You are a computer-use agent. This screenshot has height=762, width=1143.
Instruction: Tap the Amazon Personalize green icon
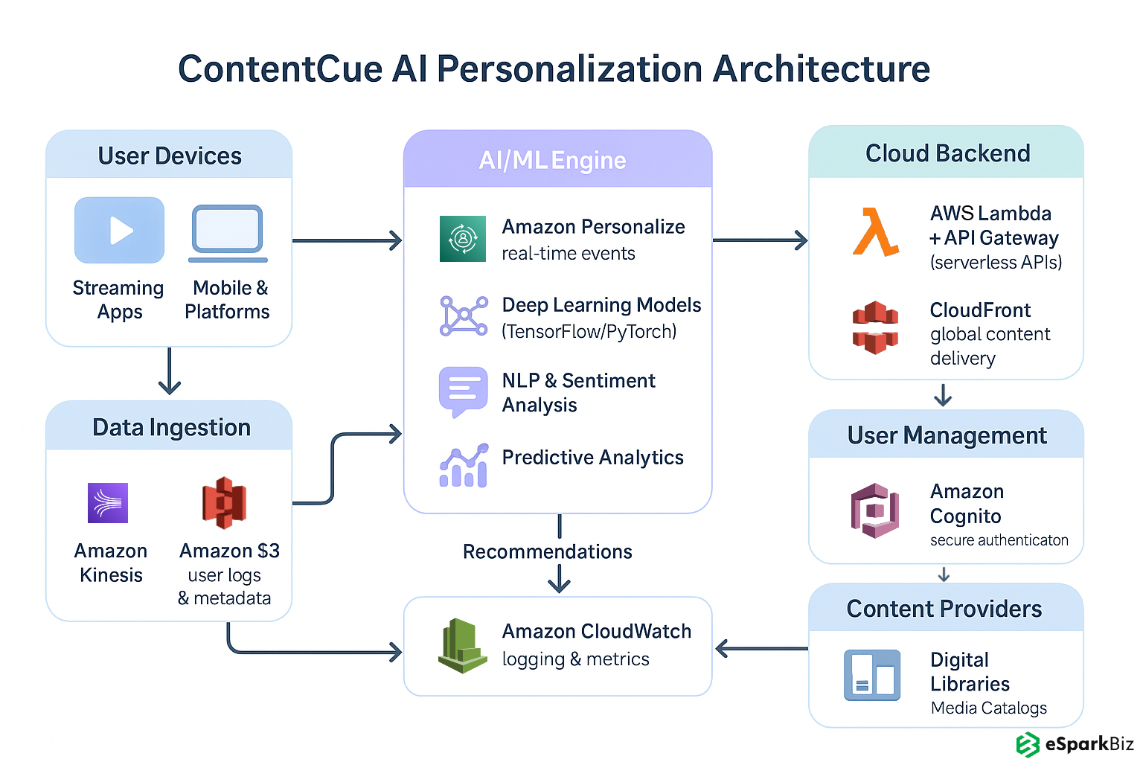click(x=463, y=239)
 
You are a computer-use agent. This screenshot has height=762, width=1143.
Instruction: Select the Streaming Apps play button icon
click(x=119, y=230)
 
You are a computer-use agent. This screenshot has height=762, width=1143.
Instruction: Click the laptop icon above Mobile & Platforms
click(x=228, y=233)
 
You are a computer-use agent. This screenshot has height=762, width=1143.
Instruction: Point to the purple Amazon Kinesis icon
click(x=108, y=503)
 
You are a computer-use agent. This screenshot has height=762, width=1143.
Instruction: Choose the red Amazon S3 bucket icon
click(x=224, y=503)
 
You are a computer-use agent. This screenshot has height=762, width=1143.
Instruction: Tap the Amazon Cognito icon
click(x=875, y=510)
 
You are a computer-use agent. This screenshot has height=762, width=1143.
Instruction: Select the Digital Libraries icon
click(x=872, y=675)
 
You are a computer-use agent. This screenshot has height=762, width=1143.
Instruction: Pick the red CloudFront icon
click(x=875, y=327)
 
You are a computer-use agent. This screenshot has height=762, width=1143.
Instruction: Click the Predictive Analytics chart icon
click(x=464, y=466)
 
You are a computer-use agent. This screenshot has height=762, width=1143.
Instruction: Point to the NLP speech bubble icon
click(x=463, y=391)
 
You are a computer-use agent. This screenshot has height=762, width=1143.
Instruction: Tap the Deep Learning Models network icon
click(x=464, y=316)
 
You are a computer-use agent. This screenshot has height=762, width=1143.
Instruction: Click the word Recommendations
click(x=547, y=552)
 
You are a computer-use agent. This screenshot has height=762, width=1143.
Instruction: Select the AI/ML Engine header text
click(x=552, y=161)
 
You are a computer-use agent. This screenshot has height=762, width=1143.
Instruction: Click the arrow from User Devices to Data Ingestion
click(x=170, y=371)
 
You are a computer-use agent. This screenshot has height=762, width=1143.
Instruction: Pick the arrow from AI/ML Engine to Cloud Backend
click(x=760, y=240)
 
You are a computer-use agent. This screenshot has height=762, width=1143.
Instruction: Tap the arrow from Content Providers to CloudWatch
click(x=761, y=649)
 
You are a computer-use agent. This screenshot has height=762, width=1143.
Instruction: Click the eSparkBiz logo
click(x=1075, y=744)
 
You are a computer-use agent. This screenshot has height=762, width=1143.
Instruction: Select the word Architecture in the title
click(x=822, y=69)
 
